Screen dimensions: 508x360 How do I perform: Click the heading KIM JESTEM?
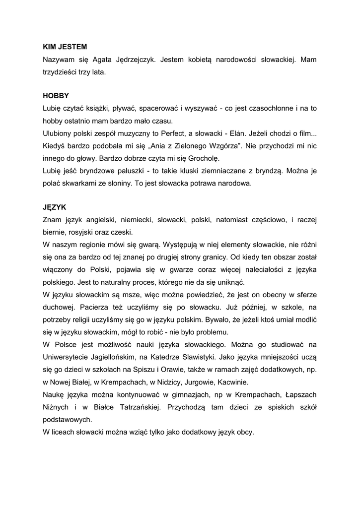pos(65,47)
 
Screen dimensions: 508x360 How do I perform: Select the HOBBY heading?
pos(56,95)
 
